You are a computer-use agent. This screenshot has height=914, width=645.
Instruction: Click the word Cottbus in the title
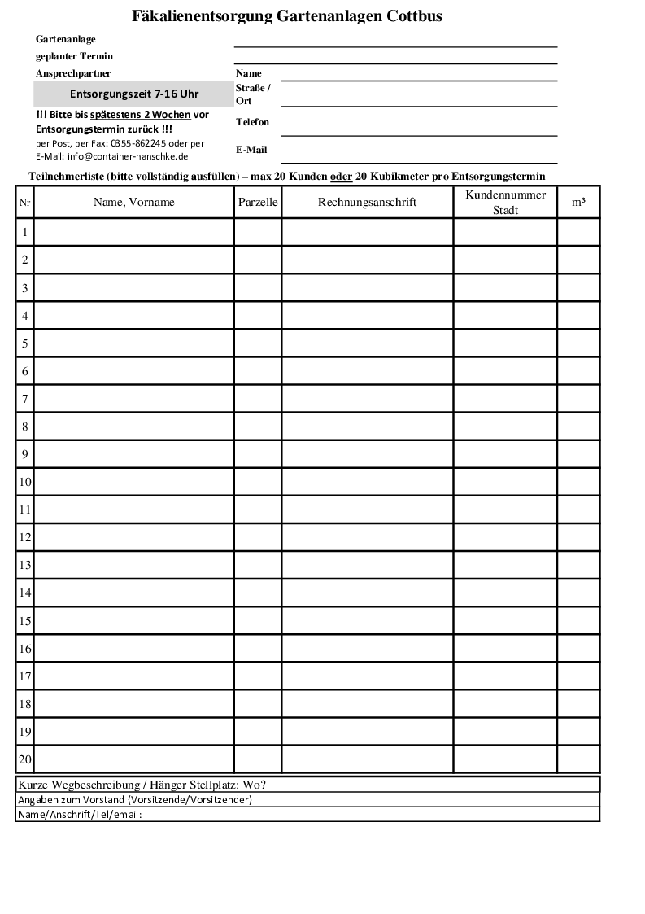(410, 15)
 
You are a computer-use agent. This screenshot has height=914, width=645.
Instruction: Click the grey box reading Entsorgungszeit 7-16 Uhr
(134, 94)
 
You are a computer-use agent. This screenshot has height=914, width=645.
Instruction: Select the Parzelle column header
(258, 202)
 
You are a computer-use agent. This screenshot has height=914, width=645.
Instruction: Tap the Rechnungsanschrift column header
(367, 202)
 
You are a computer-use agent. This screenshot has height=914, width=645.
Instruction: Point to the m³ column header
(577, 202)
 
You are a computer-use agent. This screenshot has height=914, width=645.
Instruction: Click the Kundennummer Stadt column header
(505, 202)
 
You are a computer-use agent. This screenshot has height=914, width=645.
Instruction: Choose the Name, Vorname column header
(134, 202)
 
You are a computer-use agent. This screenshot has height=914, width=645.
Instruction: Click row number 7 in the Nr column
(25, 399)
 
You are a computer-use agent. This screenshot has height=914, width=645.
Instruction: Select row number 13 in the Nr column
(25, 565)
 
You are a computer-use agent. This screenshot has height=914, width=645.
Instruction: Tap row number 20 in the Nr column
(25, 759)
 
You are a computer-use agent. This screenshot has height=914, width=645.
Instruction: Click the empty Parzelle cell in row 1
(258, 233)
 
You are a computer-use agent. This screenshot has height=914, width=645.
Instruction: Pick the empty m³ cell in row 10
(577, 482)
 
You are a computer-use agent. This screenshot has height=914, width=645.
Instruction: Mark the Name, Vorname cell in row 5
(134, 343)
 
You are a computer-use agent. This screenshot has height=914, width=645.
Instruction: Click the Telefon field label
(252, 122)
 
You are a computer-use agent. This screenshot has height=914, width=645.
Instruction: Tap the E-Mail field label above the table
(251, 150)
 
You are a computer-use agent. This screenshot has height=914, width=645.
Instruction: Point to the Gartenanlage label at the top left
(66, 39)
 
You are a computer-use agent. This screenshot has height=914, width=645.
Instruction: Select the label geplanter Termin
(74, 56)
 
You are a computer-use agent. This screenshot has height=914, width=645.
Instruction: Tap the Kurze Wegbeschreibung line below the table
(142, 785)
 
